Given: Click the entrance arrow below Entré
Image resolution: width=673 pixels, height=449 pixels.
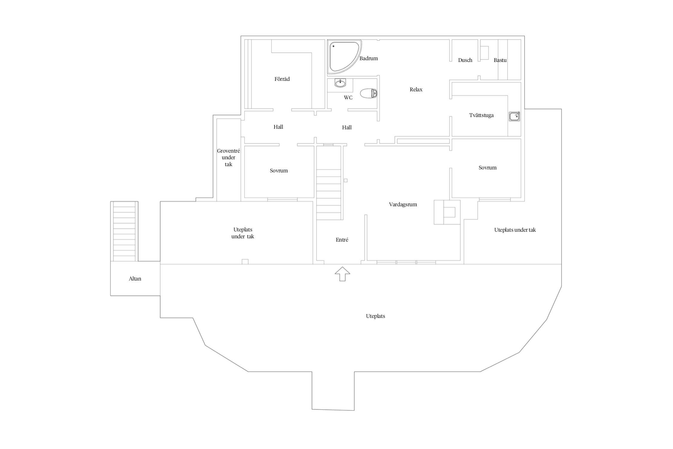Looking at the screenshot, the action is click(342, 274).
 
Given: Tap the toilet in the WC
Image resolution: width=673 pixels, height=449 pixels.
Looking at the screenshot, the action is click(369, 93).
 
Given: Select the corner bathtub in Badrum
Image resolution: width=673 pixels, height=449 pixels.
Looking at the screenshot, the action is click(344, 57).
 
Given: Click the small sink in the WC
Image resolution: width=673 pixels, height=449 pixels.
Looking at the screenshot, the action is click(340, 83).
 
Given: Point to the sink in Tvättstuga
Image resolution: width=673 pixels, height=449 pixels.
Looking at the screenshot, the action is click(514, 116).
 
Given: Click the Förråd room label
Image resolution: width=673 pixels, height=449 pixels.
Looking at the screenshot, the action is click(282, 79).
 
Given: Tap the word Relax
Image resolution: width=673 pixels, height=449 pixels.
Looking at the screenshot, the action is click(416, 90).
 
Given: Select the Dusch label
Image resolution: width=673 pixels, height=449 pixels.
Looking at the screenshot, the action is click(465, 60).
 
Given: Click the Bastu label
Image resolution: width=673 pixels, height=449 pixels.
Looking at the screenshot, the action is click(500, 60).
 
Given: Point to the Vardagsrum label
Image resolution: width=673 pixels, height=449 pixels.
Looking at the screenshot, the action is click(403, 204).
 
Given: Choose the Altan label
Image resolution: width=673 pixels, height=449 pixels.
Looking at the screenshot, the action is click(135, 279).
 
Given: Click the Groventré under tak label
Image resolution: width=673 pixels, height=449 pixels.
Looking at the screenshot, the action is click(229, 157).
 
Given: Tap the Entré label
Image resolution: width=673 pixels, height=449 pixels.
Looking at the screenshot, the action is click(342, 240).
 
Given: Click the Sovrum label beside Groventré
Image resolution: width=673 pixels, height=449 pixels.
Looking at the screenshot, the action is click(279, 171).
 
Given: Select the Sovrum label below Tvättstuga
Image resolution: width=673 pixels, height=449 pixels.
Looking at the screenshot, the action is click(488, 168).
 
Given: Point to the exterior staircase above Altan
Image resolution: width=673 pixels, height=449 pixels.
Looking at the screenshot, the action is click(124, 231).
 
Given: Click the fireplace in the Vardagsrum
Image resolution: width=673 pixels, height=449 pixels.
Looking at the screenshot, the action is click(447, 212).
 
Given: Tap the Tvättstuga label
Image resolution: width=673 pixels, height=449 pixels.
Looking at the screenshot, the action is click(481, 115).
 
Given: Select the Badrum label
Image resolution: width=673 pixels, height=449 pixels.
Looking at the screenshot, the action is click(369, 58).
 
